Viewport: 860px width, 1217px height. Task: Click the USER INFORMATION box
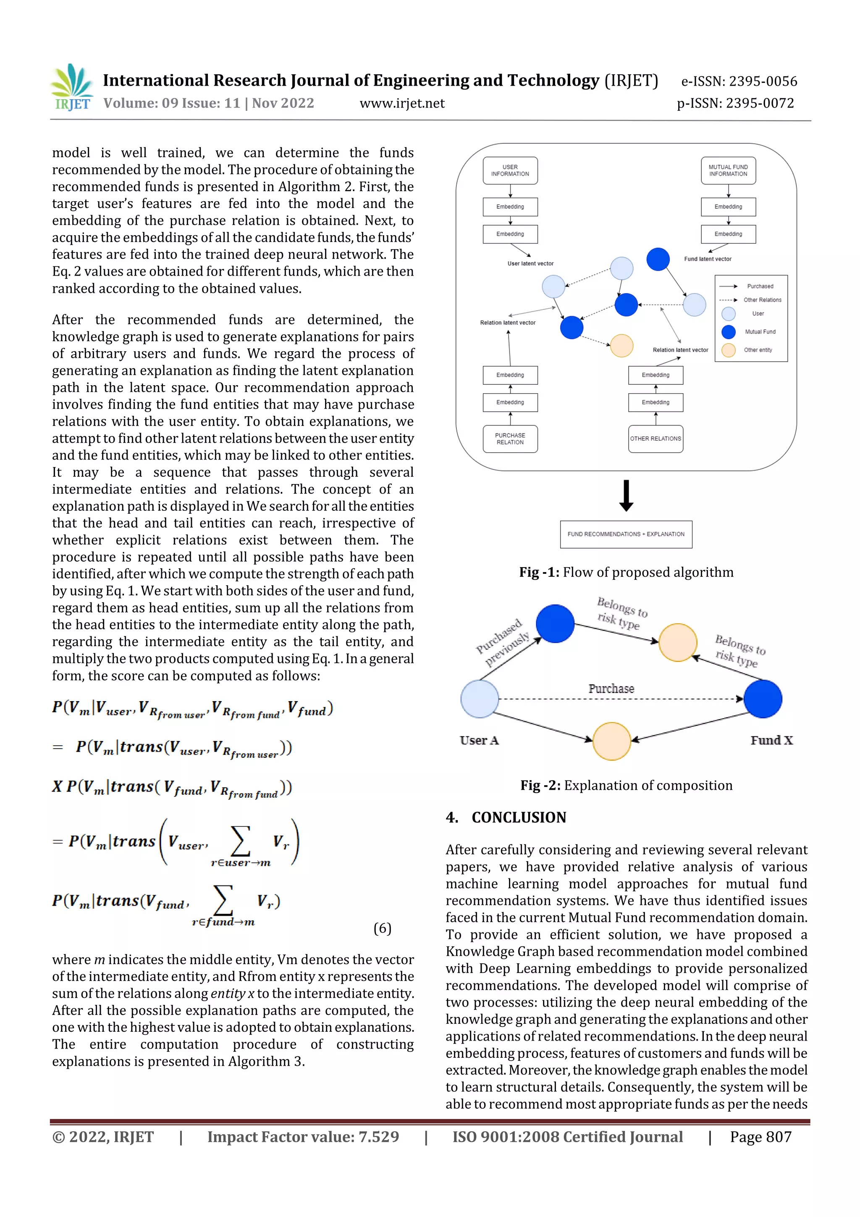tap(510, 171)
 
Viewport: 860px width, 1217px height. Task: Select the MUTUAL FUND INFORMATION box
tap(728, 171)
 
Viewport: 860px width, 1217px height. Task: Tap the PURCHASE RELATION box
tap(510, 439)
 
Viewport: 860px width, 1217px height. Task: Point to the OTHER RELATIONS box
tap(655, 439)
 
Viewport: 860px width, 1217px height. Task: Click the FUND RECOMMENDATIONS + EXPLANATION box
tap(626, 534)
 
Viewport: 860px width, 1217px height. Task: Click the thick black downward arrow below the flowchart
tap(627, 496)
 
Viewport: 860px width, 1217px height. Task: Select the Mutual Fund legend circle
tap(729, 332)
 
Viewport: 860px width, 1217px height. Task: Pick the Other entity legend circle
tap(729, 350)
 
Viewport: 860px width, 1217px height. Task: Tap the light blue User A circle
tap(480, 699)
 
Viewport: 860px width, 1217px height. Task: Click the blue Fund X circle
tap(763, 699)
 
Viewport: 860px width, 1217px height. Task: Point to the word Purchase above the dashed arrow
tap(611, 689)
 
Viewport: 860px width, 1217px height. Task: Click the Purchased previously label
tap(502, 642)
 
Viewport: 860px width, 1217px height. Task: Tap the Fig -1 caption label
tap(539, 573)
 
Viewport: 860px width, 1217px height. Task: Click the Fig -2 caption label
tap(540, 786)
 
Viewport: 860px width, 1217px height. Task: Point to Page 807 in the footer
tap(760, 1136)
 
